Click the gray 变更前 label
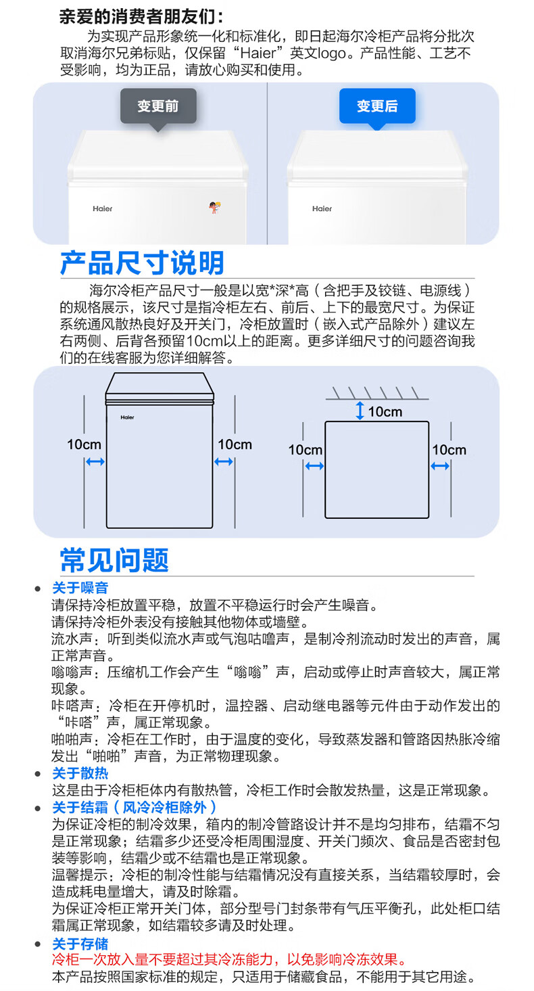(x=157, y=106)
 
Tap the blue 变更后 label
(x=377, y=106)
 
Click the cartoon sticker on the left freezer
(x=214, y=208)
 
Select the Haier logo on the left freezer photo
(x=103, y=208)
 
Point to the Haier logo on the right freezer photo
(x=322, y=208)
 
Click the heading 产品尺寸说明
(x=142, y=262)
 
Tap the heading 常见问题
(x=114, y=560)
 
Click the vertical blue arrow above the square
(x=360, y=411)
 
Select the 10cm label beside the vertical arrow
(x=385, y=411)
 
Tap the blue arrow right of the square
(x=440, y=465)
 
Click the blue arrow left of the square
(x=314, y=465)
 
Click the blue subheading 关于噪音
(x=80, y=588)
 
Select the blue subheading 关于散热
(x=80, y=773)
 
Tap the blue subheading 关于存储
(x=80, y=944)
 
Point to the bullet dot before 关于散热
(x=38, y=774)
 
